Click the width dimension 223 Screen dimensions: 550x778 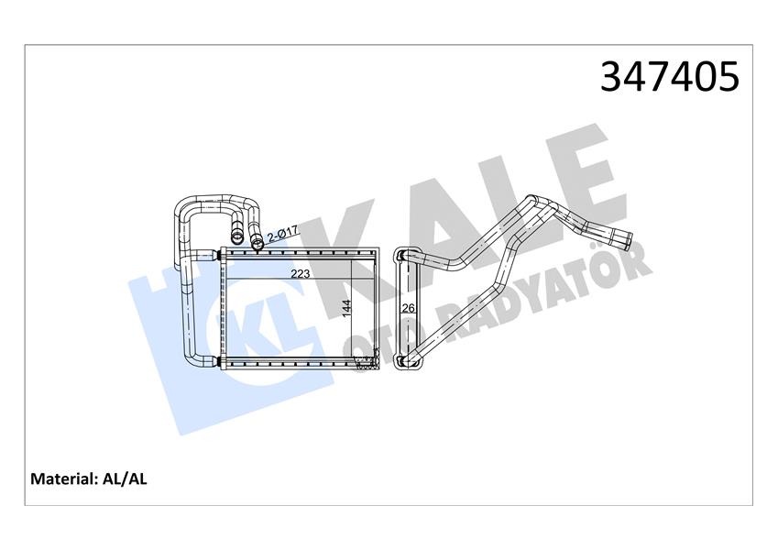tap(299, 273)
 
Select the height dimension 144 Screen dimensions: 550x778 tap(346, 309)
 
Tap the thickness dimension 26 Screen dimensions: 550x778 tap(410, 308)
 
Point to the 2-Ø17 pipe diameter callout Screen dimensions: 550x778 tap(279, 236)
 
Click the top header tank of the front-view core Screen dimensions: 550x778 tap(299, 252)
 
